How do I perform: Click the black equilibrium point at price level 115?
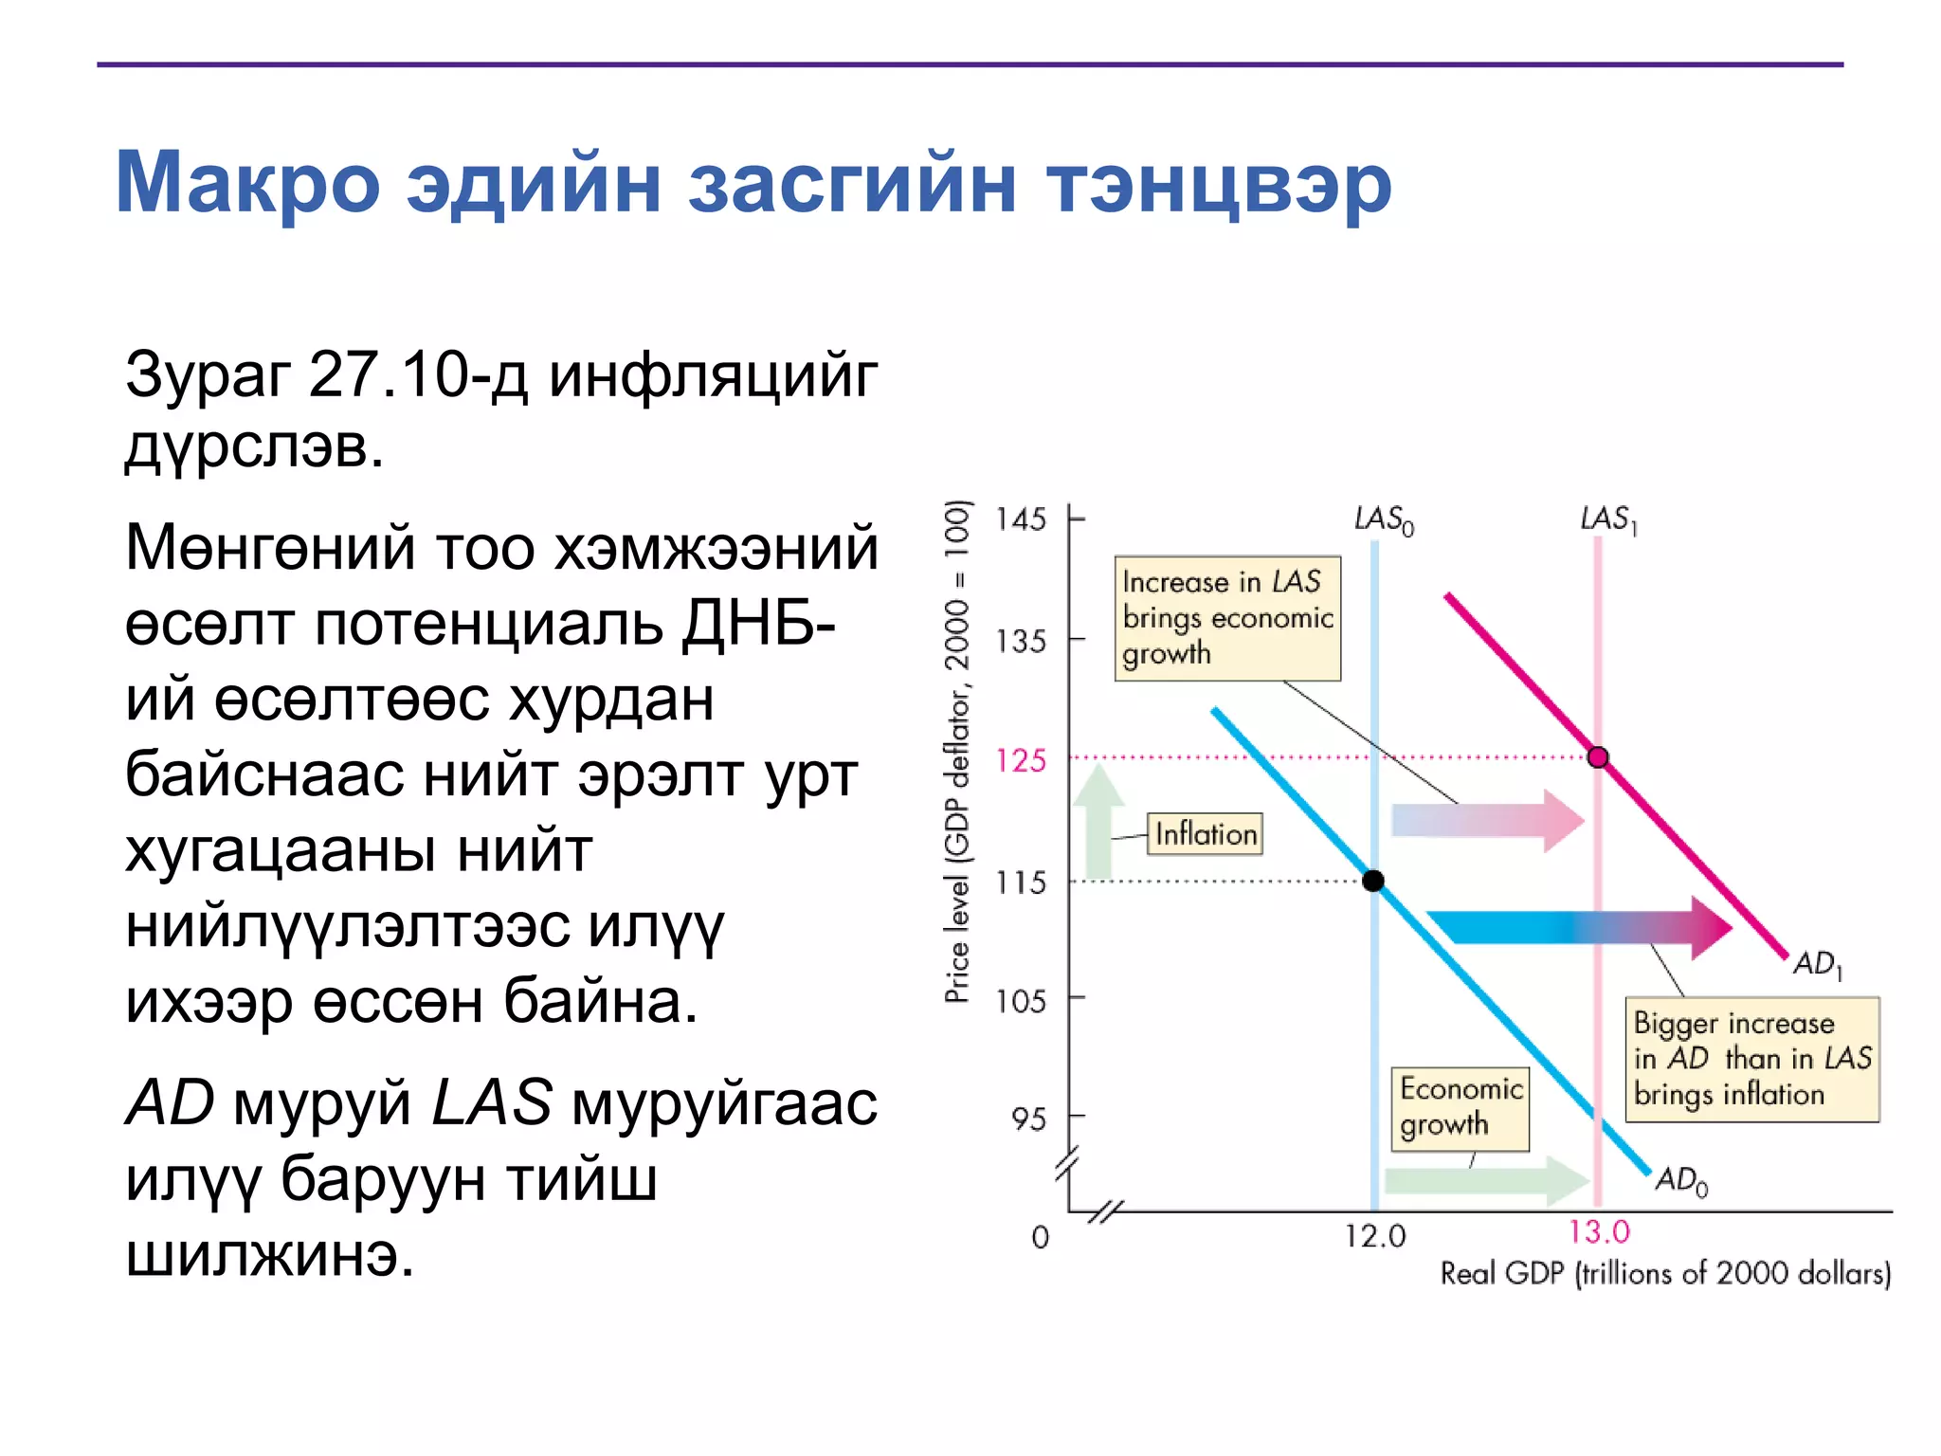(x=1372, y=881)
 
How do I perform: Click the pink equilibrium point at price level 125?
(x=1598, y=756)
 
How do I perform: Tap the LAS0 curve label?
(x=1384, y=519)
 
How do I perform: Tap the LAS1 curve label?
(x=1607, y=519)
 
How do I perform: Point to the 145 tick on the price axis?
(x=1021, y=519)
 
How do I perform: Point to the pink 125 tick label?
(x=1021, y=760)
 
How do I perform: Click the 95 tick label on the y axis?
(x=1028, y=1119)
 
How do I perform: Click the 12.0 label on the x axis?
(x=1375, y=1236)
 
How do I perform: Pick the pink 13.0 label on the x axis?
(x=1599, y=1232)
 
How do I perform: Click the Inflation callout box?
(x=1205, y=834)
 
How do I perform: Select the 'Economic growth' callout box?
(x=1460, y=1108)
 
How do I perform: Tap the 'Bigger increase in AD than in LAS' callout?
(x=1751, y=1059)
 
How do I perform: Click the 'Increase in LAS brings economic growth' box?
(x=1226, y=618)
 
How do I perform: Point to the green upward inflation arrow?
(x=1098, y=821)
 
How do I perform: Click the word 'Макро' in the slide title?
(x=247, y=183)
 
